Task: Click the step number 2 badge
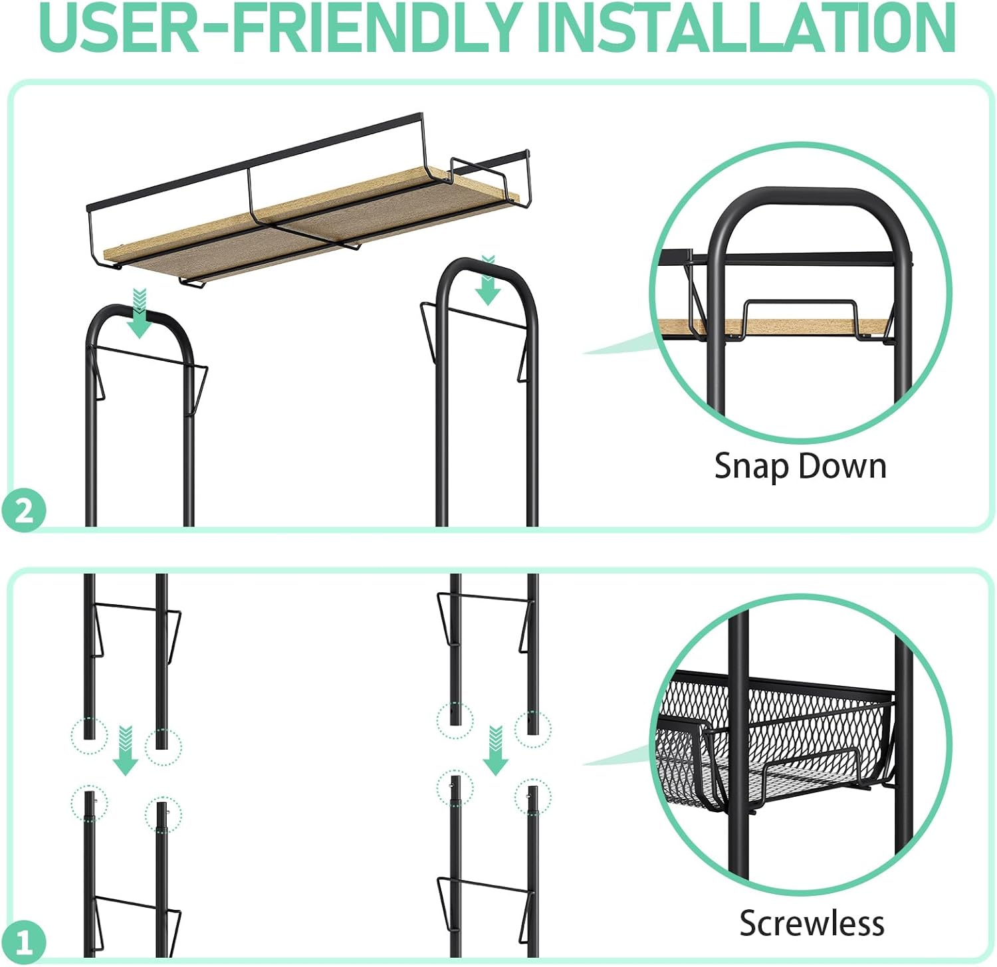[x=24, y=511]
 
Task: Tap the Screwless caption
[x=812, y=923]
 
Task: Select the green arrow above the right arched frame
[x=488, y=280]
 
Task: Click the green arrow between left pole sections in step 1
[x=125, y=751]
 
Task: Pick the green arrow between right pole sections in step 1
[x=495, y=751]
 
